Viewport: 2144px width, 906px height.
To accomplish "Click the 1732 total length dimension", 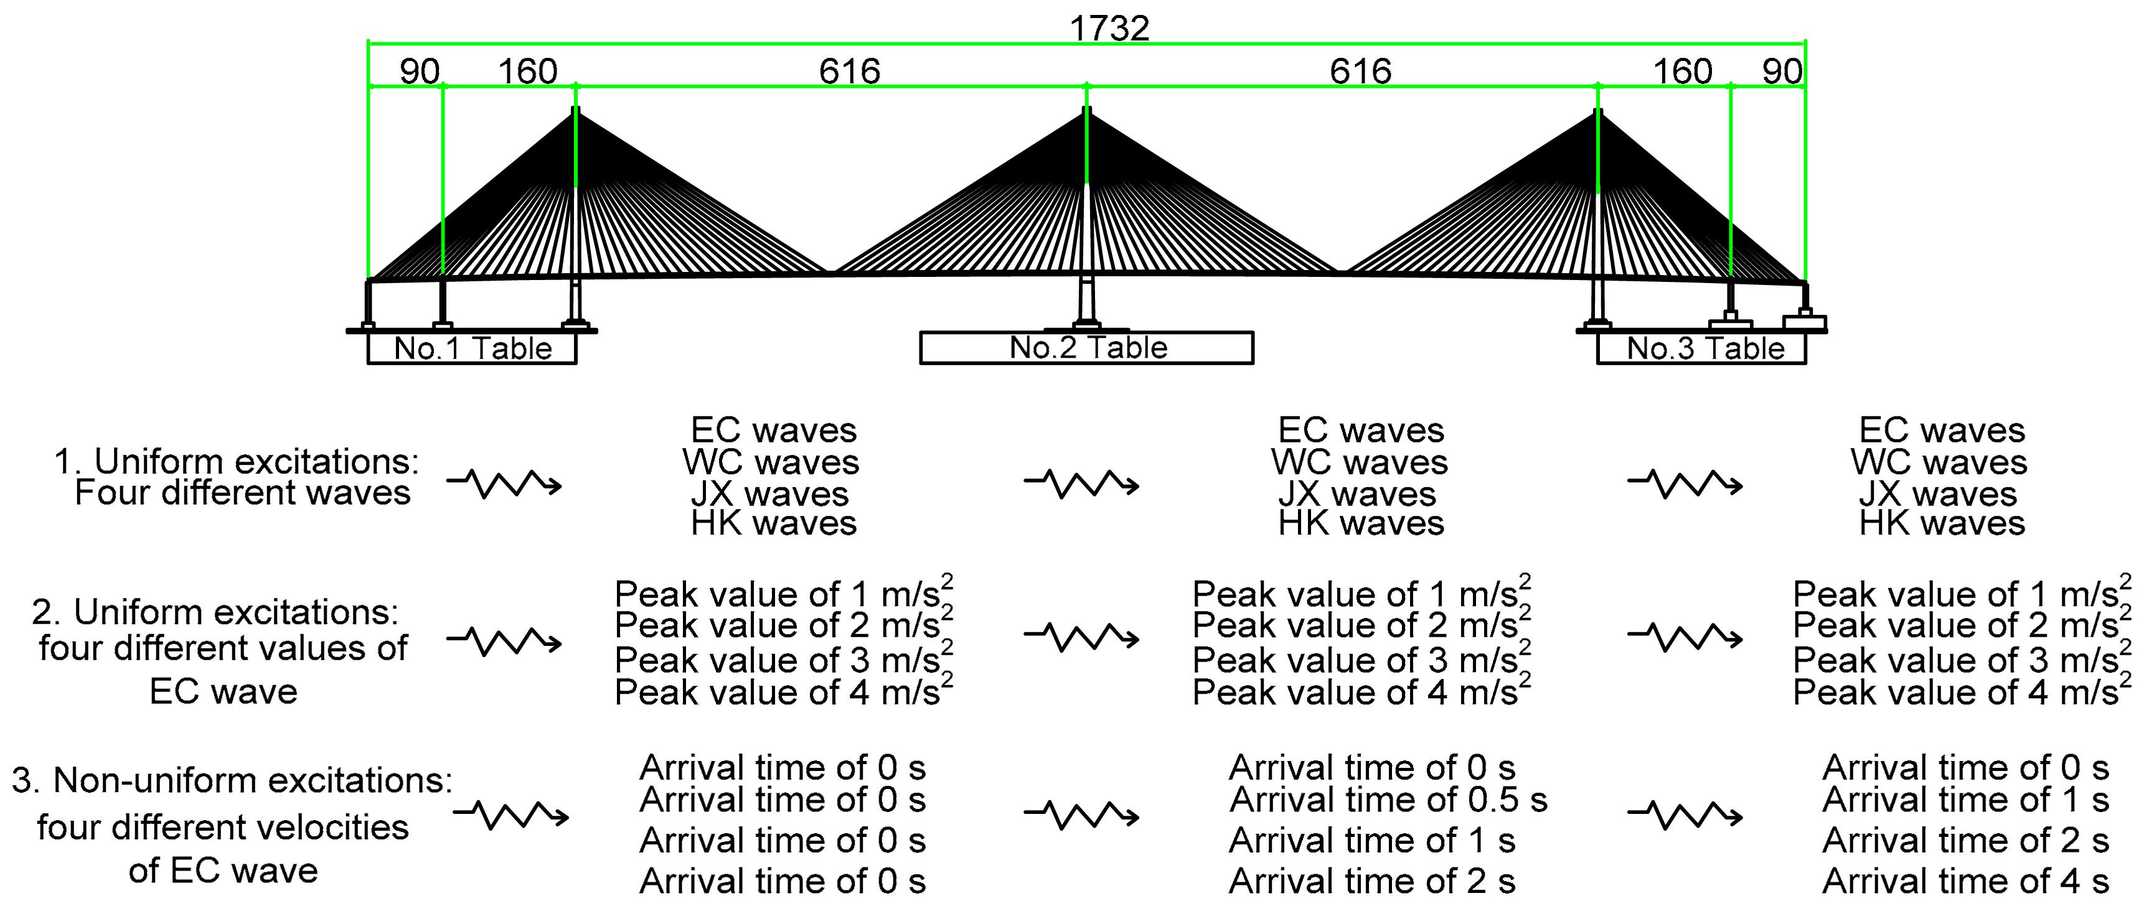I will tap(1109, 29).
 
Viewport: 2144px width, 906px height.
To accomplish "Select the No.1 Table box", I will tap(472, 348).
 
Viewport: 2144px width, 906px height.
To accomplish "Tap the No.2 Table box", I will tap(1087, 348).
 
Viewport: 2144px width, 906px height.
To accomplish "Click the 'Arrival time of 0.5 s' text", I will tap(1388, 800).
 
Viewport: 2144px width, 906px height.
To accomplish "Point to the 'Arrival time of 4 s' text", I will tap(1965, 881).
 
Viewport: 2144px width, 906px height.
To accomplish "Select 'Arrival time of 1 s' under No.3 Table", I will tap(1965, 800).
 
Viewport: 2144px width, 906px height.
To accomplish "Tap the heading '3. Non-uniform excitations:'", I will tap(232, 780).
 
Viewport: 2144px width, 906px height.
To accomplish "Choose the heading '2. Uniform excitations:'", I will tap(215, 612).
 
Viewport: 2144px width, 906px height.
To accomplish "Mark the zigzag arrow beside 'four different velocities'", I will tap(511, 815).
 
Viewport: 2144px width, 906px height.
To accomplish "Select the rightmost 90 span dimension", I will tap(1782, 72).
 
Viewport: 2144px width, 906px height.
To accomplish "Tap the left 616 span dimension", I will tap(849, 72).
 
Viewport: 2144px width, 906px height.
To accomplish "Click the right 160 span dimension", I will tap(1682, 72).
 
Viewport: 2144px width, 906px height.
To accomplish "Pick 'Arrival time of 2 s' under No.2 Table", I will tap(1371, 881).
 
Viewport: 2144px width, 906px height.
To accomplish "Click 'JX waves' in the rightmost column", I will tap(1939, 494).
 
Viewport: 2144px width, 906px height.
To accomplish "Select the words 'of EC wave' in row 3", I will tap(223, 871).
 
